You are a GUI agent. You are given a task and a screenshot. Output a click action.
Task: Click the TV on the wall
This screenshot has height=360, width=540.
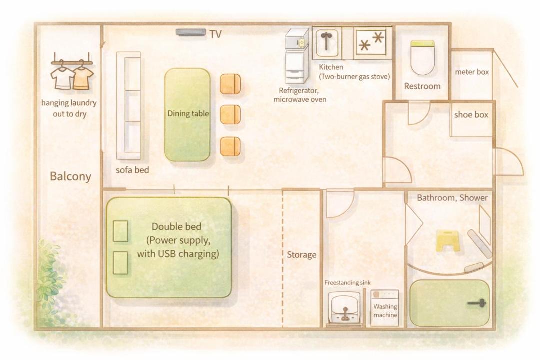(x=191, y=32)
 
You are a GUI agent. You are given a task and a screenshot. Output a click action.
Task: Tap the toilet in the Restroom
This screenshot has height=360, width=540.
(x=423, y=57)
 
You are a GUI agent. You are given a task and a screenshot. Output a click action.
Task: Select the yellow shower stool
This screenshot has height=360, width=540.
(x=447, y=240)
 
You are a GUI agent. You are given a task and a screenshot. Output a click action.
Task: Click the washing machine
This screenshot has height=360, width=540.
(x=385, y=308)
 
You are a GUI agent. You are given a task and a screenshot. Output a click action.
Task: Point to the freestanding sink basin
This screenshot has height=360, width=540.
(x=344, y=307)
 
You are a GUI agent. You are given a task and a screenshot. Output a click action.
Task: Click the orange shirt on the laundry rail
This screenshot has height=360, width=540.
(x=82, y=77)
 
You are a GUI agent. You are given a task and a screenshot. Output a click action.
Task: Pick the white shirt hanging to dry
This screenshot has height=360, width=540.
(x=62, y=77)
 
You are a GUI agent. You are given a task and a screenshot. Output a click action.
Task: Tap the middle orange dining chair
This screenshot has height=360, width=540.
(x=230, y=114)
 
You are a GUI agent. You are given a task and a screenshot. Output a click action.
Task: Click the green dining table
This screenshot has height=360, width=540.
(x=187, y=115)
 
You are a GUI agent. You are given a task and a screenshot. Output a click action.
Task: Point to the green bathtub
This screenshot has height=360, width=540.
(x=450, y=303)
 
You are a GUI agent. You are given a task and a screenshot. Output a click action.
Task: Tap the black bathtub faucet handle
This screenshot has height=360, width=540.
(x=477, y=303)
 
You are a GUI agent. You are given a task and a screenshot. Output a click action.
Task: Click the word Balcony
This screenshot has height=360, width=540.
(x=70, y=176)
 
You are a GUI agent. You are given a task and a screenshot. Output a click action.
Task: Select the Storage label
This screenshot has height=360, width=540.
(x=301, y=255)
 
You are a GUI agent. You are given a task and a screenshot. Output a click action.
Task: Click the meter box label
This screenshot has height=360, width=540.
(x=472, y=72)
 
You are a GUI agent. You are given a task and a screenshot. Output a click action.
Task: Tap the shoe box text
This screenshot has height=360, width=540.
(x=471, y=114)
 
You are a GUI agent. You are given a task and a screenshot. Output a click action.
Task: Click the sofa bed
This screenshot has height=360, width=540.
(x=128, y=106)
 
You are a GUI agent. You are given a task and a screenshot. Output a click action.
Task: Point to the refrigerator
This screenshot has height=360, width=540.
(x=297, y=56)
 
